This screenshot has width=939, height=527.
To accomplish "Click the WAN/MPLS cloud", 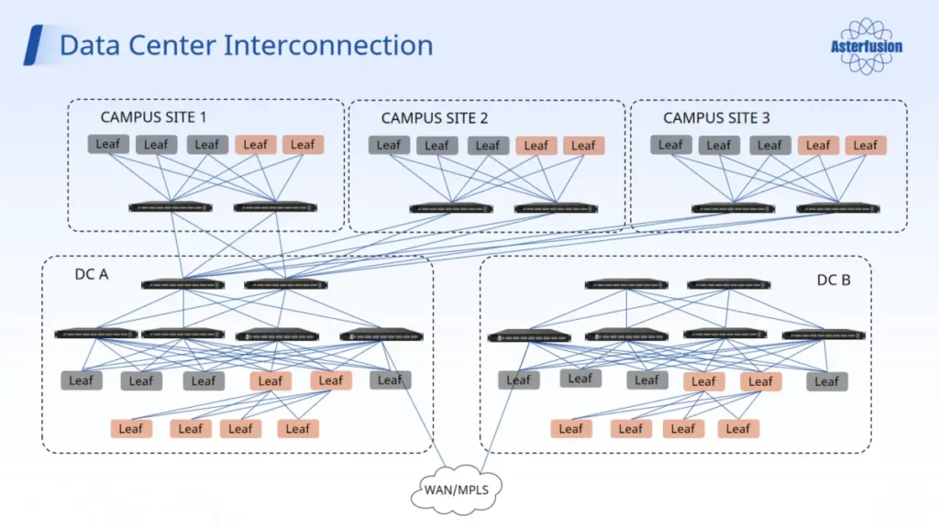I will [456, 489].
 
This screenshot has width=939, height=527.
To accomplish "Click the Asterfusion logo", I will [866, 47].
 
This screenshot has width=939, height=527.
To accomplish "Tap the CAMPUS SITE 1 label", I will [153, 116].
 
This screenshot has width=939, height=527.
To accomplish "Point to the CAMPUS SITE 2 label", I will [434, 117].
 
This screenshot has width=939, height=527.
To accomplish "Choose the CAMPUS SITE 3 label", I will [716, 117].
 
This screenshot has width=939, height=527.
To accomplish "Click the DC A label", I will [92, 273].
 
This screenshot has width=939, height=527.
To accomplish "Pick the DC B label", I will [833, 280].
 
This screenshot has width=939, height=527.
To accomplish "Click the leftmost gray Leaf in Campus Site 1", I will [108, 144].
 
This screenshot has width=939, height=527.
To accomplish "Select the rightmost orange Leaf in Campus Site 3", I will [866, 145].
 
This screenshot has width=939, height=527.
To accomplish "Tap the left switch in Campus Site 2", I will [450, 208].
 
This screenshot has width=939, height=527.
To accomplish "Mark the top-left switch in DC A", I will [182, 284].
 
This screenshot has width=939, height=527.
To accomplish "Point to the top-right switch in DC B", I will [728, 284].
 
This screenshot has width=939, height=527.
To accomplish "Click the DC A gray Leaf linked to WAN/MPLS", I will [390, 379].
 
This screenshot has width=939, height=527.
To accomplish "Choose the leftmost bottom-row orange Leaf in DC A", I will [131, 428].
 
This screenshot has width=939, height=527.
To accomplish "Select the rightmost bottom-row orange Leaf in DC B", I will [739, 428].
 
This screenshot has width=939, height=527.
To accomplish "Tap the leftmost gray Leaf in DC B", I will [519, 379].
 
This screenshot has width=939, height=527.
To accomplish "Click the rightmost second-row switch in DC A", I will [381, 335].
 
